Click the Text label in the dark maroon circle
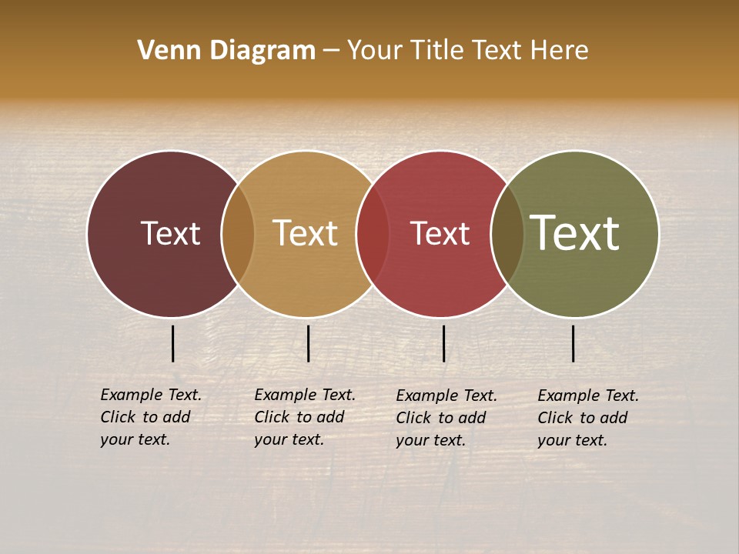(x=170, y=233)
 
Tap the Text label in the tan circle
(x=306, y=233)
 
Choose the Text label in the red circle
(x=440, y=233)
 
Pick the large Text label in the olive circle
(x=575, y=233)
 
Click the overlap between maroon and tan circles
(x=238, y=234)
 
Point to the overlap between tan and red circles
(x=373, y=234)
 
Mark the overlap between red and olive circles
(x=507, y=234)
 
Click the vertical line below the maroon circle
(x=173, y=343)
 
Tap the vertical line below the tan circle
(x=308, y=343)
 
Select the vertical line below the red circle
(x=443, y=343)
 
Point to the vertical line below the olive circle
(x=573, y=343)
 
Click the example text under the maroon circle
(x=151, y=417)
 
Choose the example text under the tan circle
(x=305, y=417)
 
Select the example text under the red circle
(x=446, y=418)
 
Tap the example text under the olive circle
(x=588, y=418)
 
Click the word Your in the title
(x=376, y=51)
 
